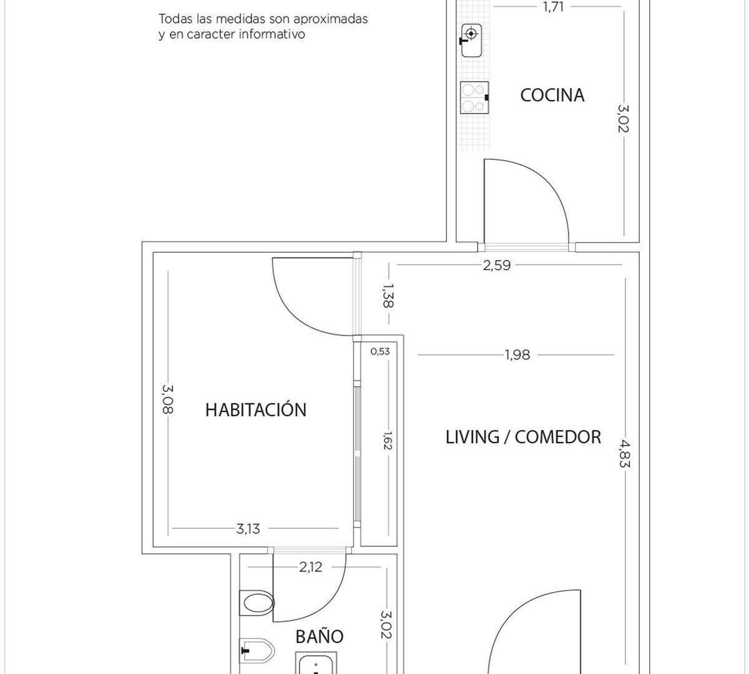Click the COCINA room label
click(x=552, y=95)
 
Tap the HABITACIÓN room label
click(x=256, y=409)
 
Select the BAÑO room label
click(x=319, y=637)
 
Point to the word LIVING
click(x=472, y=437)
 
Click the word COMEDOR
click(x=558, y=437)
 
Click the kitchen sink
click(x=471, y=41)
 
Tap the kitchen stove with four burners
click(x=474, y=97)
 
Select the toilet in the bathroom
click(x=257, y=603)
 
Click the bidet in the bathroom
click(x=257, y=650)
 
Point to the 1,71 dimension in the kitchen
click(x=554, y=7)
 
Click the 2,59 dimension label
click(x=497, y=265)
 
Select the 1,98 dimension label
click(x=517, y=354)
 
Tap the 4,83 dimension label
click(x=624, y=454)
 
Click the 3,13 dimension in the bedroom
click(x=248, y=529)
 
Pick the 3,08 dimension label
click(x=168, y=399)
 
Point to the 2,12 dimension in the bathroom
click(x=311, y=567)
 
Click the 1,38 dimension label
click(x=388, y=295)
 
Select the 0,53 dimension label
click(x=380, y=351)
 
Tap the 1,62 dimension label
click(x=388, y=441)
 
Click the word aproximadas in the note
click(x=330, y=19)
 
